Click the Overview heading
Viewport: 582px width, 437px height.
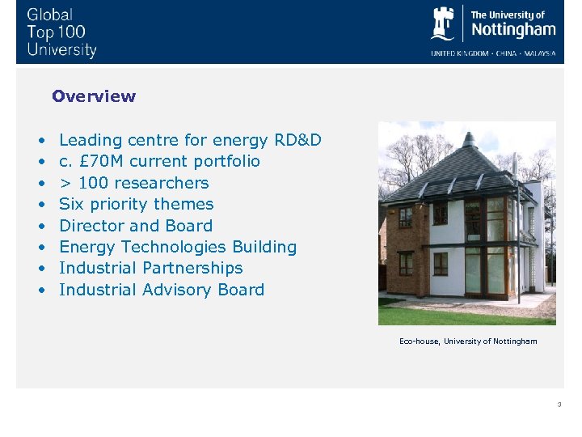coord(94,96)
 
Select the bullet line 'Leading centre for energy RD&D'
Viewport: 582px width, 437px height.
coord(190,140)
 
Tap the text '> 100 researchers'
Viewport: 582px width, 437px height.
coord(134,183)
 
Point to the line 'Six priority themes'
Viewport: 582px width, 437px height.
coord(137,204)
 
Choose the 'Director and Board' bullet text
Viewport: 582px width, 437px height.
coord(136,226)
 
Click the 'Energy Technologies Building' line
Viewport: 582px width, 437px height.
coord(178,247)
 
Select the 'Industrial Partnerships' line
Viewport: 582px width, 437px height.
coord(151,268)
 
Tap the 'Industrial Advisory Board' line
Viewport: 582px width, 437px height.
coord(162,290)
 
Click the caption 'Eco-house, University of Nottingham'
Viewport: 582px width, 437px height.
coord(468,341)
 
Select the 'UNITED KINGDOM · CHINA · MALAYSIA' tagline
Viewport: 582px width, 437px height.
coord(493,53)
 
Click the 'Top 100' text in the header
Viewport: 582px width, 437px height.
coord(56,32)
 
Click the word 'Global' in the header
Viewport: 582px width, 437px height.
coord(49,15)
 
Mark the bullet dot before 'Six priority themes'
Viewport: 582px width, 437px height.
coord(40,205)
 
